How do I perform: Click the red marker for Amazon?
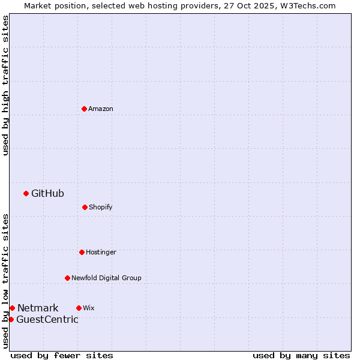[84, 109]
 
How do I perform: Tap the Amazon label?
[101, 109]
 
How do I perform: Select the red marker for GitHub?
[26, 193]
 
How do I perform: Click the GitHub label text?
[47, 193]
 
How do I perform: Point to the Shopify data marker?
[85, 207]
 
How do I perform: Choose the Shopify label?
[101, 207]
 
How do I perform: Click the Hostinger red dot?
[82, 252]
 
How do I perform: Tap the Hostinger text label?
[101, 252]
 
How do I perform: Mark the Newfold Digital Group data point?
[67, 278]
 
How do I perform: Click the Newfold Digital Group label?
[106, 278]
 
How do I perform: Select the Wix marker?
[79, 308]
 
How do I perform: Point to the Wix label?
[89, 308]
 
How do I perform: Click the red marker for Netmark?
[12, 308]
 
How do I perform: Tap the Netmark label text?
[38, 308]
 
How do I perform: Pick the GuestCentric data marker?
[11, 319]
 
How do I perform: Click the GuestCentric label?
[47, 319]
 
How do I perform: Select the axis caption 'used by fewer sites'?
[62, 355]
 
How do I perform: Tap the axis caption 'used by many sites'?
[301, 355]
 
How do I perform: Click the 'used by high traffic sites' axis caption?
[5, 85]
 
